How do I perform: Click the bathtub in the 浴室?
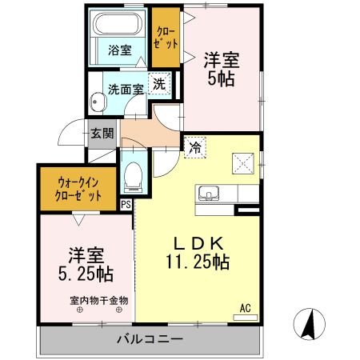click(118, 24)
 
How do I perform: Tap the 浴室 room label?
click(120, 50)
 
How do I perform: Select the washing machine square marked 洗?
click(159, 83)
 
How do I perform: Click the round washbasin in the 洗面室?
click(98, 102)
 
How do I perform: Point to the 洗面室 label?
click(126, 90)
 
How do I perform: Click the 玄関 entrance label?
click(102, 134)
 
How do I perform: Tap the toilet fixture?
click(133, 177)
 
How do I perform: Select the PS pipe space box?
click(126, 204)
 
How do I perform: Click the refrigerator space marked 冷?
click(195, 147)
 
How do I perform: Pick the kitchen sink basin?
click(209, 193)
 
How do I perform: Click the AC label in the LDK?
click(246, 308)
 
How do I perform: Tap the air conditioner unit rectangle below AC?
click(246, 318)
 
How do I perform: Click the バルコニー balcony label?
click(150, 339)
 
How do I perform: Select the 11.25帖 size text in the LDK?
click(198, 262)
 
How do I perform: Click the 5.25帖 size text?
click(86, 274)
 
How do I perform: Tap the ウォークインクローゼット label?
click(78, 190)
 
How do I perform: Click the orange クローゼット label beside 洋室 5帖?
click(166, 38)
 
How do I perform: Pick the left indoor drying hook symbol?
click(79, 310)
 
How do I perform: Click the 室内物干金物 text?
click(99, 301)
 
